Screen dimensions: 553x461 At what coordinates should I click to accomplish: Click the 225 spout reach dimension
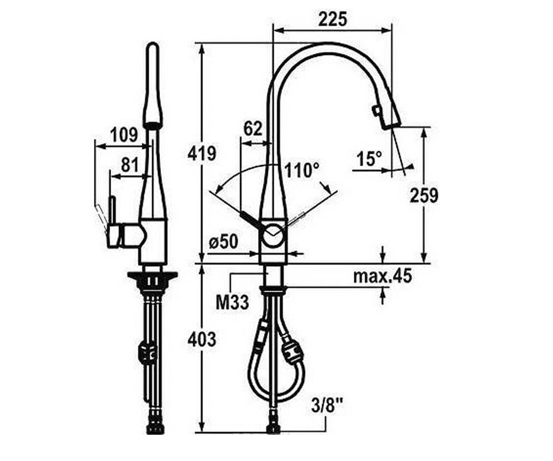pos(332,19)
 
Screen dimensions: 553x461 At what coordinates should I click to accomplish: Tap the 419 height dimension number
pos(202,153)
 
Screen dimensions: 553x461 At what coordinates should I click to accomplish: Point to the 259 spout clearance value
pos(424,195)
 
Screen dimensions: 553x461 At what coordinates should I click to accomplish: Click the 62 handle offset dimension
pos(253,129)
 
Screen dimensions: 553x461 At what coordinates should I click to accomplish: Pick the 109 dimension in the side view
pos(124,135)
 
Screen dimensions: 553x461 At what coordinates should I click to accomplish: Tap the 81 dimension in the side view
pos(130,165)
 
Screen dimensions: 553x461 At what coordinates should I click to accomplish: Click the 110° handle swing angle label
pos(302,171)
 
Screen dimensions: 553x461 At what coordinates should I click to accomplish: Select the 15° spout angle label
pos(369,159)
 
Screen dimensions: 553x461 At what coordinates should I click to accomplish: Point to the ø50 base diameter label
pos(223,242)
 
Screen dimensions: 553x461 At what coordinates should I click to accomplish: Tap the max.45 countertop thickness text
pos(382,276)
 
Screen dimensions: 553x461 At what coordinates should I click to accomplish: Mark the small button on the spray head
pos(376,110)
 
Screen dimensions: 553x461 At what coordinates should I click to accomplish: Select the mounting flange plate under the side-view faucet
pos(152,276)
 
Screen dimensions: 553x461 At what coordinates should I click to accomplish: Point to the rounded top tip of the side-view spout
pos(153,44)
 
